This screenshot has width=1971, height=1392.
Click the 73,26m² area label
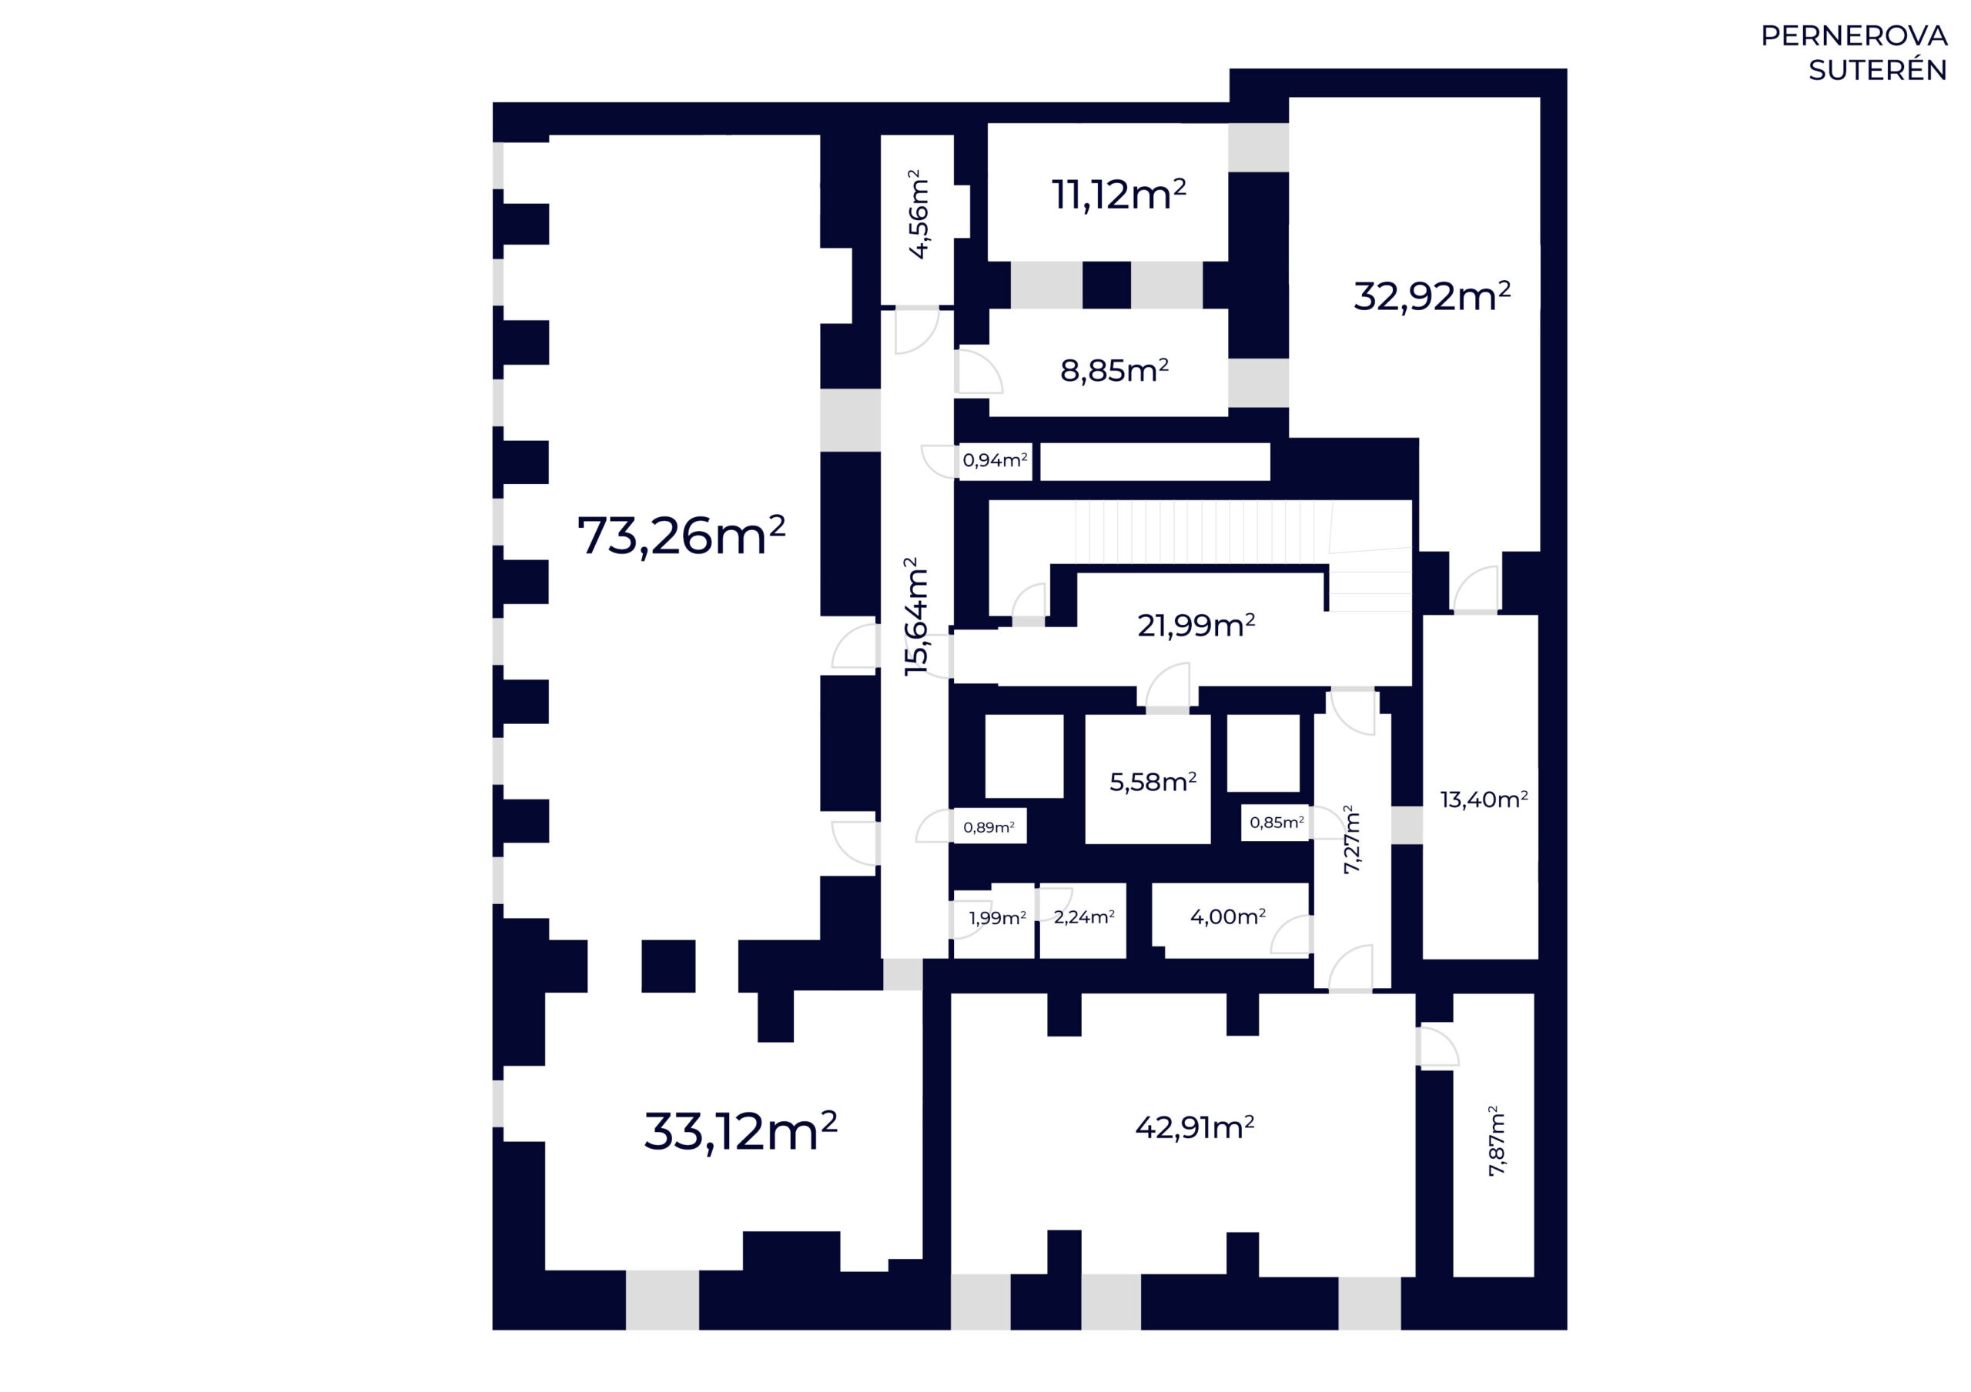click(x=681, y=536)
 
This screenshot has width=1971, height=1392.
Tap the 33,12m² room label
click(x=741, y=1132)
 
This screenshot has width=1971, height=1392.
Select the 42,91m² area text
click(x=1195, y=1127)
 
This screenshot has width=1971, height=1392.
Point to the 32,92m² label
click(x=1432, y=296)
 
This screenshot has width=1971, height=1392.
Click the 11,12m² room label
click(x=1119, y=194)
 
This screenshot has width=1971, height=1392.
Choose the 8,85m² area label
click(x=1114, y=371)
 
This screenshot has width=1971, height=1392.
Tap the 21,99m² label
click(x=1196, y=626)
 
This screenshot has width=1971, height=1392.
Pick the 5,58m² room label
click(x=1153, y=782)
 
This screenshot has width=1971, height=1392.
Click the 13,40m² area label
click(x=1484, y=799)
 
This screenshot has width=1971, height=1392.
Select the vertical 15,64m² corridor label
click(x=917, y=616)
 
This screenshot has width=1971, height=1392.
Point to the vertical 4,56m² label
click(x=918, y=214)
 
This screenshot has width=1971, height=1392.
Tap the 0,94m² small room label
click(x=995, y=460)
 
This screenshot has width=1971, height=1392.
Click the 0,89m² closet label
click(x=989, y=827)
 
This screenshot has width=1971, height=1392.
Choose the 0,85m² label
click(x=1277, y=822)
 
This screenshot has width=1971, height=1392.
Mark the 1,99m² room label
click(x=998, y=917)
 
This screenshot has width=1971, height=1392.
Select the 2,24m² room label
click(x=1084, y=916)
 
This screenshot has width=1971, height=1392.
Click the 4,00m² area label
click(x=1227, y=916)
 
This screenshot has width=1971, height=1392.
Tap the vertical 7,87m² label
click(x=1496, y=1140)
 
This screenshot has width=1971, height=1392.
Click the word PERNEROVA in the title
click(x=1853, y=36)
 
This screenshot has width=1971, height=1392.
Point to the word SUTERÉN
click(x=1877, y=68)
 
